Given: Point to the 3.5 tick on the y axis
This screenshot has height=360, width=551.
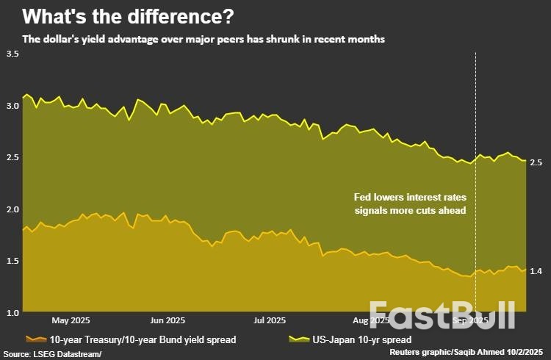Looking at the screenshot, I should (12, 54).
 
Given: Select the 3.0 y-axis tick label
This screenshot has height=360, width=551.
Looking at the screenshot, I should (12, 106).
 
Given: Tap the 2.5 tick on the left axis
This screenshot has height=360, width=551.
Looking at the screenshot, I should (12, 157).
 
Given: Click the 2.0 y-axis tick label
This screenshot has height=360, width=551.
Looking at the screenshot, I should (12, 209).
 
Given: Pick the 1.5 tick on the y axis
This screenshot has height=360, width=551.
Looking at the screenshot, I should (12, 261).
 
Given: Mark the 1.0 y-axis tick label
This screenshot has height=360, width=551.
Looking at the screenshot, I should (12, 312).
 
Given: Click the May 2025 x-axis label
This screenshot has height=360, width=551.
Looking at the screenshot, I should (71, 321).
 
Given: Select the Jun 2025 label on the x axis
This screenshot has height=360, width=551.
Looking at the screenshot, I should (167, 321).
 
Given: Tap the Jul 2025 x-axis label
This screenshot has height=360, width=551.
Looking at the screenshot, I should (269, 321).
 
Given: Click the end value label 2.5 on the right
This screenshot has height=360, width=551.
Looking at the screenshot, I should (536, 162).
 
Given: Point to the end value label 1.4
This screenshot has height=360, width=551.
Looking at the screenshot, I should (536, 272).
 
